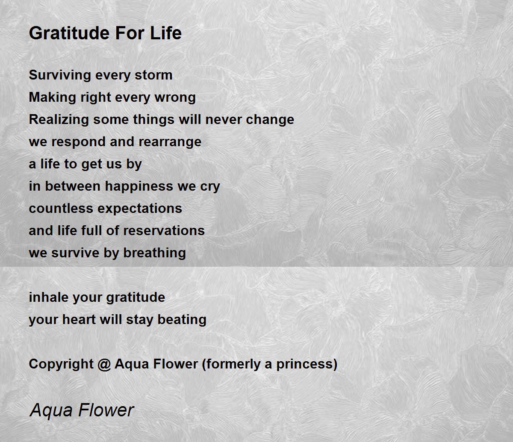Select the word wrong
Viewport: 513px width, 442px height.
click(175, 97)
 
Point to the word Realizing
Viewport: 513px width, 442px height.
click(59, 120)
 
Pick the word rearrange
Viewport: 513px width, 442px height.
click(170, 142)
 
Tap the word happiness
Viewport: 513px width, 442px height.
click(139, 186)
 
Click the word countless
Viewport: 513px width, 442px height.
click(61, 208)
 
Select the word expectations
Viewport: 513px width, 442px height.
click(140, 209)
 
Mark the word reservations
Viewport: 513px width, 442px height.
click(164, 230)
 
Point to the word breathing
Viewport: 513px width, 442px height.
click(155, 253)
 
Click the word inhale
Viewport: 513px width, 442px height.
click(49, 297)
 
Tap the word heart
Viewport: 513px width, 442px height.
click(79, 319)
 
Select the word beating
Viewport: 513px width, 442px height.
click(182, 320)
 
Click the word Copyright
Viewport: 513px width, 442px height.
click(61, 364)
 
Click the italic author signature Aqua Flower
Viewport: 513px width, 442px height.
click(82, 411)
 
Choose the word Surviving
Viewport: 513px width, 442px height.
click(60, 75)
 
